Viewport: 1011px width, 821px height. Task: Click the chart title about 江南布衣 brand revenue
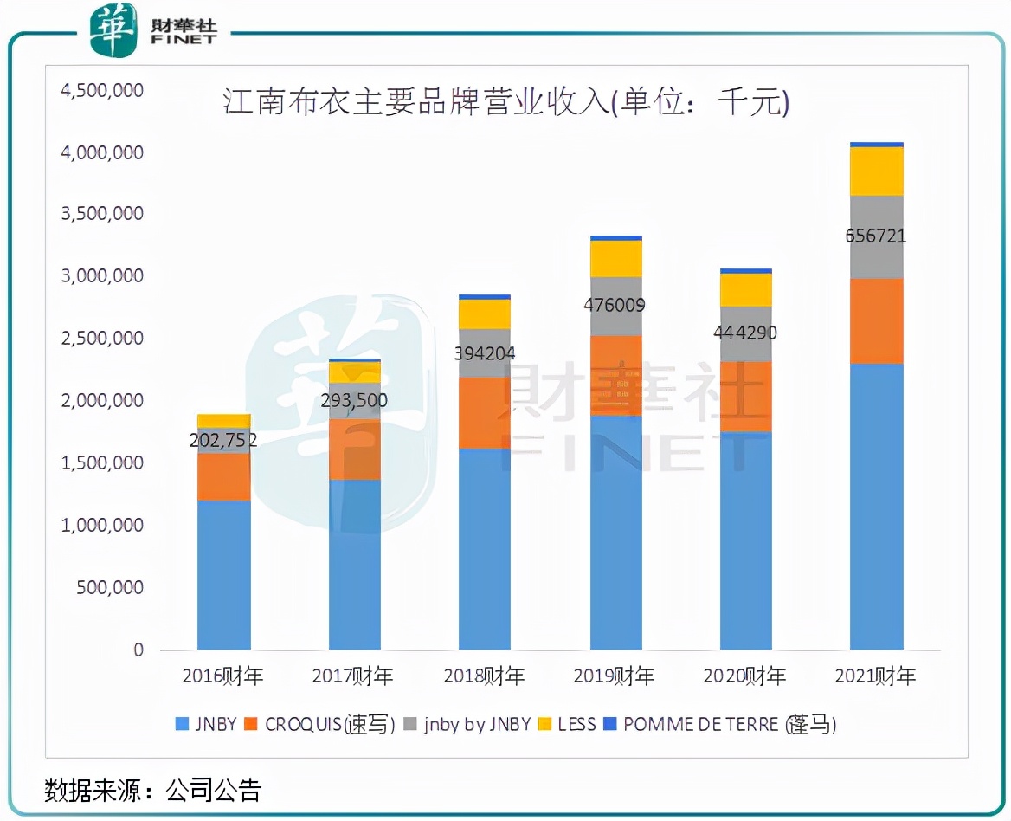click(506, 103)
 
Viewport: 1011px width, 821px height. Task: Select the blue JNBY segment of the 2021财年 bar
click(876, 507)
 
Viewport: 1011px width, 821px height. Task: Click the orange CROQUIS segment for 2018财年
click(485, 412)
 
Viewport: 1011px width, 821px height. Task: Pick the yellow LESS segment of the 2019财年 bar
click(616, 259)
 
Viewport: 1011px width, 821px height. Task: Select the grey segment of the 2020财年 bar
click(746, 334)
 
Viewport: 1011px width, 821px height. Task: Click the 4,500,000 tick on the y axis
click(102, 91)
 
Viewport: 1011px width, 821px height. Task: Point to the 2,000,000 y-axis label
click(102, 400)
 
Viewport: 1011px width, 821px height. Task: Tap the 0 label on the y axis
click(138, 650)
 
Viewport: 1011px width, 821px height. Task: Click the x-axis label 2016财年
click(223, 676)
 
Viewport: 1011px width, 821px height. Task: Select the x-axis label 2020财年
click(745, 676)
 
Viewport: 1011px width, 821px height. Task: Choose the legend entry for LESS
click(568, 724)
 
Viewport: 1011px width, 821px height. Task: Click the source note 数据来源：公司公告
click(152, 790)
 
